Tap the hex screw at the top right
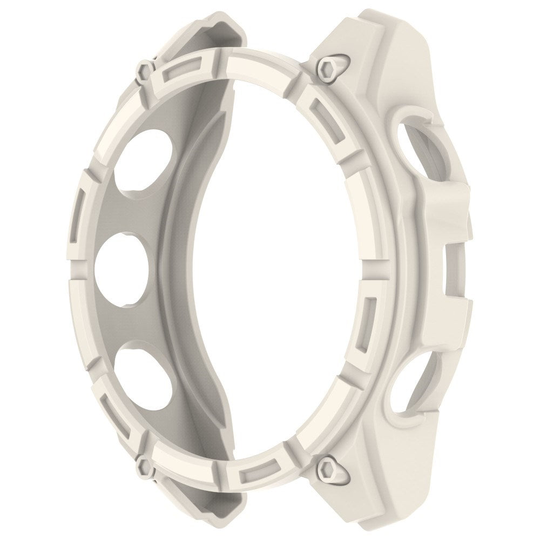pyautogui.click(x=326, y=67)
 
